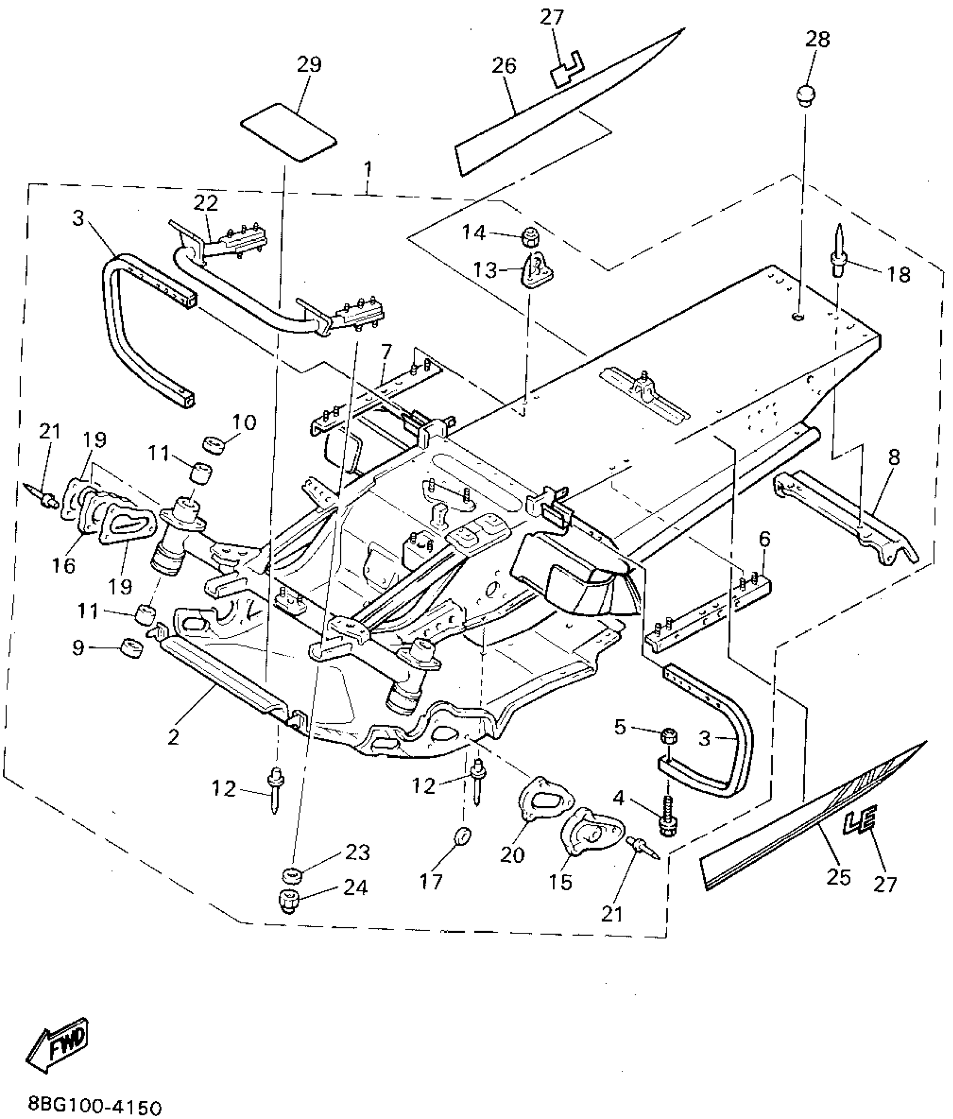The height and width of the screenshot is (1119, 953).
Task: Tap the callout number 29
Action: (x=309, y=64)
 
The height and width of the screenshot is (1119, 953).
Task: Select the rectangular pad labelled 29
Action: (x=288, y=132)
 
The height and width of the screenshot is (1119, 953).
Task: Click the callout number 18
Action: (x=899, y=274)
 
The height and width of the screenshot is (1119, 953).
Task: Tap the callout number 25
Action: (x=839, y=877)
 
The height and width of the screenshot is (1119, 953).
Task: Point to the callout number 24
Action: (x=355, y=887)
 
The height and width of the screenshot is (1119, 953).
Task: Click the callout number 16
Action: (x=64, y=566)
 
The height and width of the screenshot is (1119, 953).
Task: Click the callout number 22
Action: (x=205, y=203)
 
